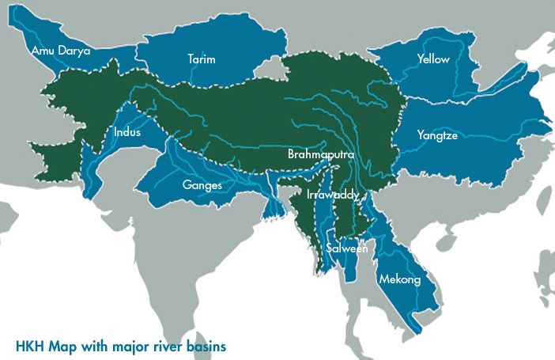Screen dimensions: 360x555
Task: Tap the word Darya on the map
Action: [x=75, y=51]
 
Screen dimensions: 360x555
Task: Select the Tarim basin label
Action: [x=202, y=59]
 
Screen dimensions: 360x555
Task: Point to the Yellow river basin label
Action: [x=432, y=59]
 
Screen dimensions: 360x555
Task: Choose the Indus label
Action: [x=127, y=132]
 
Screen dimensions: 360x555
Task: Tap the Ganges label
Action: [x=202, y=185]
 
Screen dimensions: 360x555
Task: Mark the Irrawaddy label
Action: [x=333, y=194]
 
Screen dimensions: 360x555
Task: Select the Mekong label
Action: [x=399, y=279]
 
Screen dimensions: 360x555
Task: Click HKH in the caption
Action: [x=30, y=346]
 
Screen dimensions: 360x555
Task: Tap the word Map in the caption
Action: [x=61, y=346]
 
